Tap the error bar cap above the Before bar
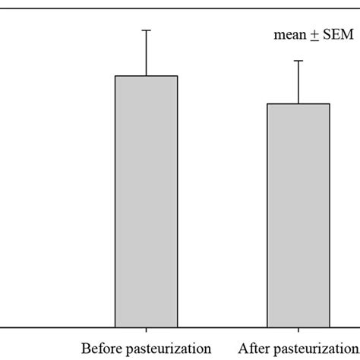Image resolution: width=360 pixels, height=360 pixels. (146, 30)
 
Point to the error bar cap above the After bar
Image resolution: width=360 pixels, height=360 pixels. (298, 61)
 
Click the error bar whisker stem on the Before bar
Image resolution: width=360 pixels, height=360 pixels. (146, 53)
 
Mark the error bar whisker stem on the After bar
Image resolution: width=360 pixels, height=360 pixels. (298, 82)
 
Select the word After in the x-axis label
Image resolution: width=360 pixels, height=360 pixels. (254, 349)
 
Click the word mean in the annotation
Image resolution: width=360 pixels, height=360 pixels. (288, 35)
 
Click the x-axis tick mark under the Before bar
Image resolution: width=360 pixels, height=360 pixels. (146, 332)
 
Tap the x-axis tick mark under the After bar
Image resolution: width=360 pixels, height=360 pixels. (298, 332)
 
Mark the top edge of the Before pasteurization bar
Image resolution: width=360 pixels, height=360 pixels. (146, 76)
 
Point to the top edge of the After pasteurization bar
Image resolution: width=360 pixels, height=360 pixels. (298, 104)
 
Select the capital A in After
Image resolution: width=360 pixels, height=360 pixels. (243, 349)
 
